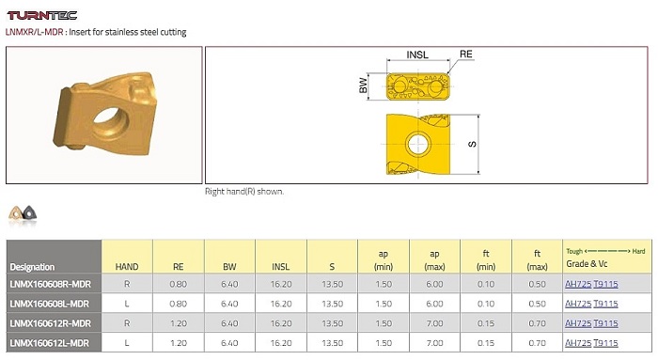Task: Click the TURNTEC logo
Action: point(42,16)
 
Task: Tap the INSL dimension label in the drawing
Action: point(417,55)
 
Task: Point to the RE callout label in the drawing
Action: point(466,55)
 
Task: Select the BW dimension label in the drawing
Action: point(364,86)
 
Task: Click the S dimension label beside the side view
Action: point(472,145)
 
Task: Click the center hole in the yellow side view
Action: point(418,145)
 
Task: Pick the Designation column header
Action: point(32,267)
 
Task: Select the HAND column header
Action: point(127,267)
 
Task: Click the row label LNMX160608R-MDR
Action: point(51,284)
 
